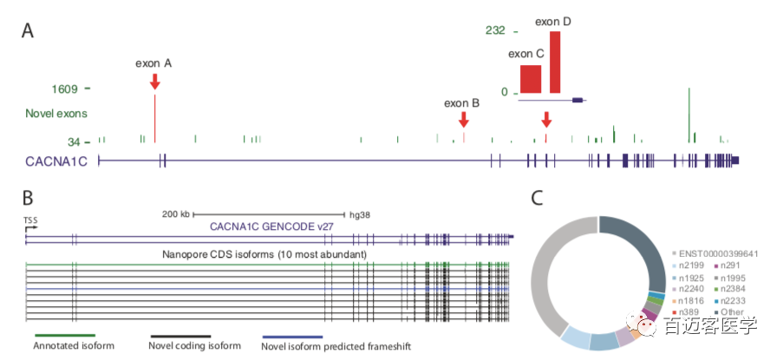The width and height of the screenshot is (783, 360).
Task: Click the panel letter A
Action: (x=28, y=31)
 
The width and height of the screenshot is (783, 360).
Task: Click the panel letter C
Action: (x=538, y=199)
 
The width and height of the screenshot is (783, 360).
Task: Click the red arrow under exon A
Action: (x=154, y=82)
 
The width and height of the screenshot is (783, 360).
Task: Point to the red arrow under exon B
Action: (x=464, y=119)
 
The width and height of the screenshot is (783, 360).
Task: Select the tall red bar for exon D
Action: (x=555, y=62)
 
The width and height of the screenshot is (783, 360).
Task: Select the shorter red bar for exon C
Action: (x=531, y=79)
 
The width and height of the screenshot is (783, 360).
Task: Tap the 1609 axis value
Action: (x=65, y=88)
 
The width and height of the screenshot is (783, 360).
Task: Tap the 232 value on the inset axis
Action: (x=495, y=29)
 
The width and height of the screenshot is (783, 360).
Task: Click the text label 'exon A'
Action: (x=153, y=63)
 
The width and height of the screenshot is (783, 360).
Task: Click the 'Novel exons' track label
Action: (x=56, y=113)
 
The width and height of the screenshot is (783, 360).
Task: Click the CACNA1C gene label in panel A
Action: (x=56, y=160)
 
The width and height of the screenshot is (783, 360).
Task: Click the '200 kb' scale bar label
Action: (x=174, y=213)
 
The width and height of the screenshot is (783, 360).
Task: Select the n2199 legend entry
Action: (x=690, y=265)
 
